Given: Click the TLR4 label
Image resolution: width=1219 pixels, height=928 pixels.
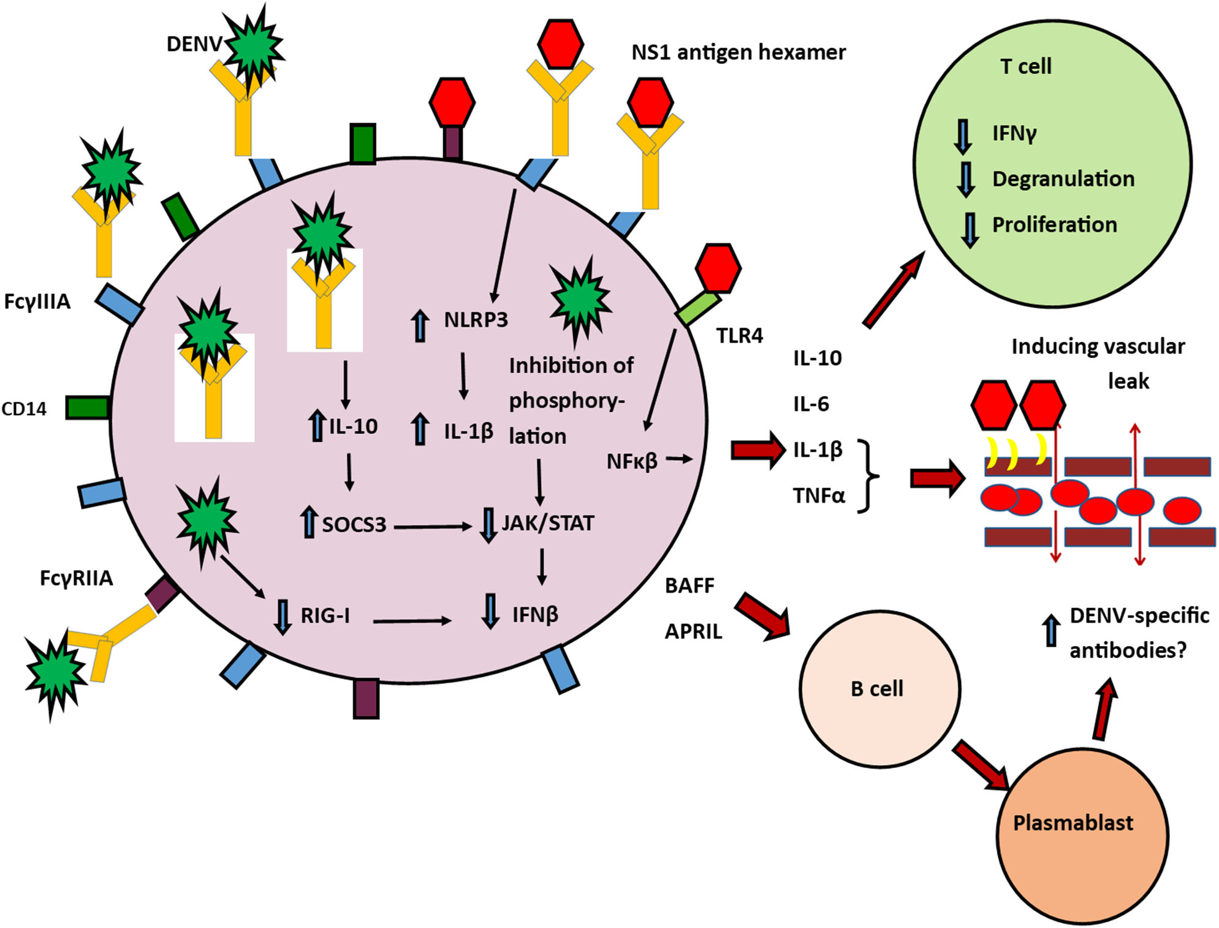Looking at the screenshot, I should pyautogui.click(x=739, y=336).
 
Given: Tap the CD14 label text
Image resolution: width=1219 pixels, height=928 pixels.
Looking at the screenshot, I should pyautogui.click(x=24, y=409).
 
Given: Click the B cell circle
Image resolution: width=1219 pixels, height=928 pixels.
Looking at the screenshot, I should pyautogui.click(x=879, y=688).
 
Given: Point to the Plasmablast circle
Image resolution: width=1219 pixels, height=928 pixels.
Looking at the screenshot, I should pyautogui.click(x=1082, y=837).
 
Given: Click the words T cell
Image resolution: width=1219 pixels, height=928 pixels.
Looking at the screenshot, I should pyautogui.click(x=1025, y=66).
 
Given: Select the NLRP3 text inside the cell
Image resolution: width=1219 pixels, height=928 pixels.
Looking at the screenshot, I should pyautogui.click(x=476, y=320).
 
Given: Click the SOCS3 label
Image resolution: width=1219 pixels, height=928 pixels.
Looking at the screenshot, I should pyautogui.click(x=354, y=525).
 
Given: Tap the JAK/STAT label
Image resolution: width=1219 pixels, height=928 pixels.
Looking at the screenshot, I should pyautogui.click(x=547, y=523).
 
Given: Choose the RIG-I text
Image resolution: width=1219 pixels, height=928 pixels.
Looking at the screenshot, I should pyautogui.click(x=325, y=615).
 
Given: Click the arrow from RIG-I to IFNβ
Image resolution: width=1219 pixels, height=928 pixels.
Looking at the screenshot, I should pyautogui.click(x=411, y=622).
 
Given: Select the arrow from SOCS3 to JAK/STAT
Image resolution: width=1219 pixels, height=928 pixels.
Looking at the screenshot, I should pyautogui.click(x=433, y=527).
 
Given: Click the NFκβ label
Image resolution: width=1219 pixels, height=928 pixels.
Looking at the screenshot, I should pyautogui.click(x=632, y=462).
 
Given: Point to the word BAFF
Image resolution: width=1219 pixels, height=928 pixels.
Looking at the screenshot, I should pyautogui.click(x=689, y=586).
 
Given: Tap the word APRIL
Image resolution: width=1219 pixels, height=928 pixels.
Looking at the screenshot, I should pyautogui.click(x=693, y=631).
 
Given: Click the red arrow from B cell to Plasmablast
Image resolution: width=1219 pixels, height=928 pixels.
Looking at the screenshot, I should pyautogui.click(x=981, y=766).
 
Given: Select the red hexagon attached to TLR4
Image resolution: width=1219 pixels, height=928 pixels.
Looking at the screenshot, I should pyautogui.click(x=718, y=268).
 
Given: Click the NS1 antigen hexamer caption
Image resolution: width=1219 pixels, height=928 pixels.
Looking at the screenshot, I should pyautogui.click(x=738, y=53).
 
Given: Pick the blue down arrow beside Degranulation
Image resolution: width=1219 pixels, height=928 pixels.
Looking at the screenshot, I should pyautogui.click(x=966, y=179).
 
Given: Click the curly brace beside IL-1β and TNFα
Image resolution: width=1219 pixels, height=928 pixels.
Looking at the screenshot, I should pyautogui.click(x=868, y=476).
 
